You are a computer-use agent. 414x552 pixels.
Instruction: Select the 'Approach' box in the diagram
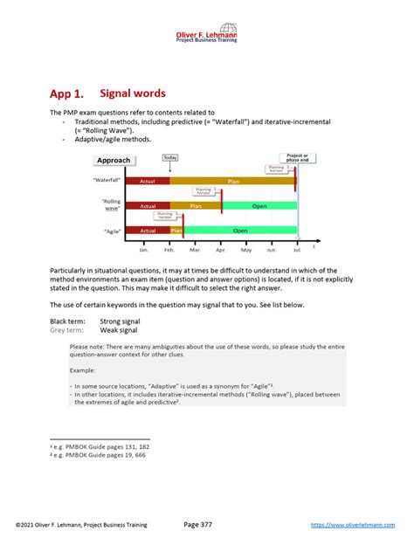tap(114, 160)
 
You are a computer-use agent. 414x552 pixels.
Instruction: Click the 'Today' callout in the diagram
tap(170, 157)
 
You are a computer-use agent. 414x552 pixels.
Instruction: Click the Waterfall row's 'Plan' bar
tap(232, 181)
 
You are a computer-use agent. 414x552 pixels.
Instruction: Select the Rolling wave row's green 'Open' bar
tap(259, 206)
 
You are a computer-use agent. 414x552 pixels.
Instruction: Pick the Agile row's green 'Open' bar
tap(240, 231)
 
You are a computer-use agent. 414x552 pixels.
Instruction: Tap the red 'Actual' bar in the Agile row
tap(148, 231)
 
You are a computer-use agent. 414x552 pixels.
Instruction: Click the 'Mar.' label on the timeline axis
tap(195, 250)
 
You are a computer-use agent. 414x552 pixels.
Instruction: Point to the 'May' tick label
tap(246, 250)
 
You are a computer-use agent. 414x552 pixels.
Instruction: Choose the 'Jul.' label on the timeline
tap(297, 250)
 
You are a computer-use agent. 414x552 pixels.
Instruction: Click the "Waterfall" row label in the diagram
tap(107, 180)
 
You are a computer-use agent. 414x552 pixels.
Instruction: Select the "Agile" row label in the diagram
tap(111, 231)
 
